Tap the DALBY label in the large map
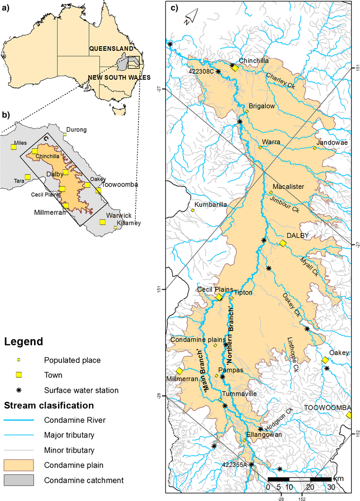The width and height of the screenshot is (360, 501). tap(298, 236)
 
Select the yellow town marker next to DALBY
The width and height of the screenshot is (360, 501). tap(283, 243)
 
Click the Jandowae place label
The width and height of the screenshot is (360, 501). tap(333, 143)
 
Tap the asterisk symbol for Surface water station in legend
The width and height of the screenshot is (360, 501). tap(19, 390)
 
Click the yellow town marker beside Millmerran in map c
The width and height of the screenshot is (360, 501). tap(180, 372)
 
